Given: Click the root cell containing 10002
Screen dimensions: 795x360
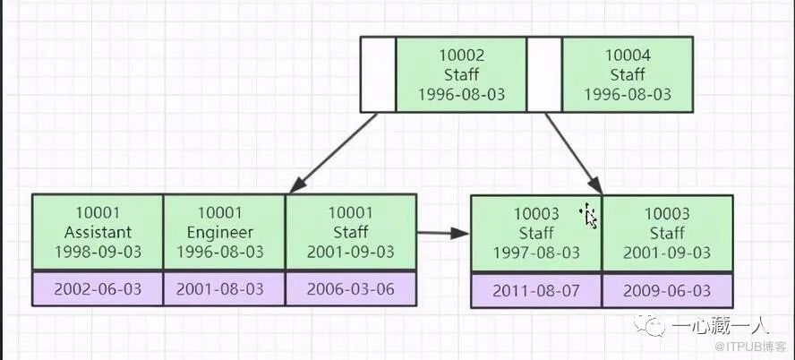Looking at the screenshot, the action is coord(460,74).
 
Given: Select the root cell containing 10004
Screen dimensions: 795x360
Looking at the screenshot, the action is coord(627,74).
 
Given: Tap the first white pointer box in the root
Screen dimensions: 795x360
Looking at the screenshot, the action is coord(378,74).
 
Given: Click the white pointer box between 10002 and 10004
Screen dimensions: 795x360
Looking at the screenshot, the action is coord(543,74).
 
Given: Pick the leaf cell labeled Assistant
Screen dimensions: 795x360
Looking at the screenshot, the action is coord(98,232).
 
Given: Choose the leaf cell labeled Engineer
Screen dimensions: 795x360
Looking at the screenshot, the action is coord(224,232).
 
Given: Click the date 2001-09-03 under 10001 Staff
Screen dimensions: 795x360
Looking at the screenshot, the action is coord(350,253).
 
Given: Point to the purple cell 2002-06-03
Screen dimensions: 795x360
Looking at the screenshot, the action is coord(98,288).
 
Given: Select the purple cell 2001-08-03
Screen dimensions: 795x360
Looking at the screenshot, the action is coord(224,288).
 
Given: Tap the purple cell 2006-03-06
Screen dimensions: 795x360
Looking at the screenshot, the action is coord(350,288).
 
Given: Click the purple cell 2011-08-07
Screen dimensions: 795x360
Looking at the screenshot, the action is coord(536,291).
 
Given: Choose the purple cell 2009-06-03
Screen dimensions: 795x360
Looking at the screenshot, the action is coord(667,291).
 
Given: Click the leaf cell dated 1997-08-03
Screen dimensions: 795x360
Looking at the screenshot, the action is coord(536,234).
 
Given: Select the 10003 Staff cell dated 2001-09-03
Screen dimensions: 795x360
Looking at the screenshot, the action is coord(667,234).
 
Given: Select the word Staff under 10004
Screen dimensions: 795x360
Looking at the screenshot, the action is coord(627,75).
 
